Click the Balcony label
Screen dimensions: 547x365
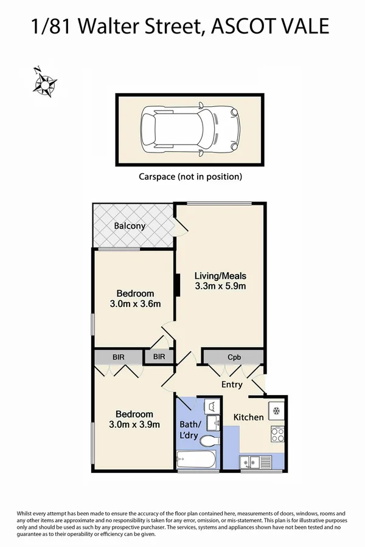coord(130,226)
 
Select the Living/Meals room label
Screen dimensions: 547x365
coord(220,275)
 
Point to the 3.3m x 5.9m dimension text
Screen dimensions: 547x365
coord(220,286)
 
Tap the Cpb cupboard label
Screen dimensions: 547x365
coord(233,357)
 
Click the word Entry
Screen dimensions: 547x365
coord(232,385)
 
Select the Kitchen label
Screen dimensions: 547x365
coord(249,417)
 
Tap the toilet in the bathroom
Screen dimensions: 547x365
coord(209,441)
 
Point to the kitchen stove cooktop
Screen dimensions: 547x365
coord(277,435)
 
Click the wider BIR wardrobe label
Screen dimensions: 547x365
coord(118,357)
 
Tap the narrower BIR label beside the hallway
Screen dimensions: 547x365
coord(159,357)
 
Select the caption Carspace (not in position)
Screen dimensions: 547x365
coord(190,177)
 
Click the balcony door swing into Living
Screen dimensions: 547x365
coord(182,225)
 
